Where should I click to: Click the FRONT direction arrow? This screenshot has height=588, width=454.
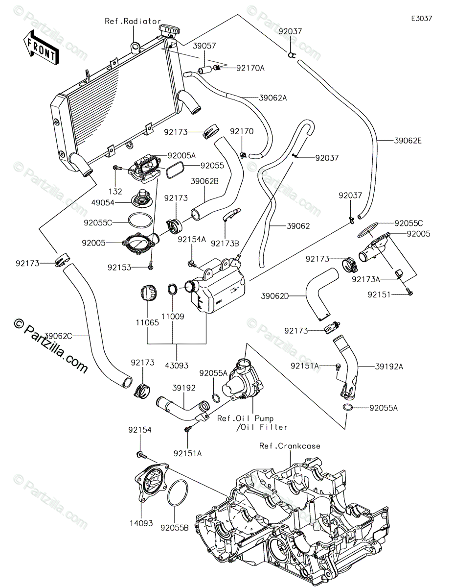click(x=41, y=48)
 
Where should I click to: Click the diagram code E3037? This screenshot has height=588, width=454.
click(x=421, y=19)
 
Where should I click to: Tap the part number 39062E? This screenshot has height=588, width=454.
click(x=408, y=141)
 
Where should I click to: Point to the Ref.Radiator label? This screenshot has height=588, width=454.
click(x=133, y=21)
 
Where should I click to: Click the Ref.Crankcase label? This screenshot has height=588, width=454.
click(x=290, y=446)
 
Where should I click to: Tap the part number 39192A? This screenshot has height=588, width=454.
click(x=389, y=366)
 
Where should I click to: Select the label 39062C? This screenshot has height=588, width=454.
click(x=59, y=336)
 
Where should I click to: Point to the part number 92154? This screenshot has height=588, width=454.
click(x=140, y=430)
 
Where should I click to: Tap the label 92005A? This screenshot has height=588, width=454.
click(x=182, y=155)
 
